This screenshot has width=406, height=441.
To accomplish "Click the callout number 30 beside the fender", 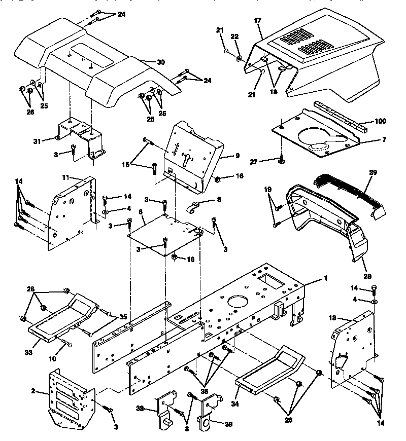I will click(x=161, y=62).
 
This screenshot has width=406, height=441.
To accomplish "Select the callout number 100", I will click(x=380, y=121).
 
